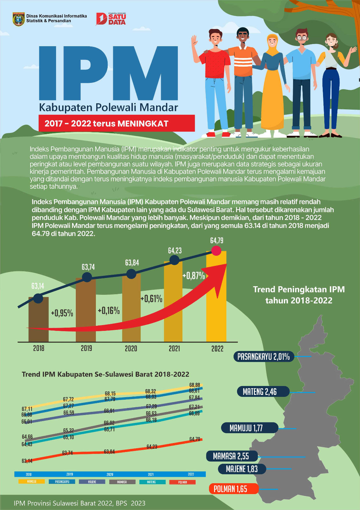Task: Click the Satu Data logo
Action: click(111, 19)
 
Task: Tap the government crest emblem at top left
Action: click(18, 19)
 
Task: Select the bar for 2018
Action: click(39, 319)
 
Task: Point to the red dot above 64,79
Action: click(216, 251)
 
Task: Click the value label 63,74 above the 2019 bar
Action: click(88, 267)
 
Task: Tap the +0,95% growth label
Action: click(62, 313)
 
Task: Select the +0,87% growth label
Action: click(193, 275)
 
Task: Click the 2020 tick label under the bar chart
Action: click(131, 348)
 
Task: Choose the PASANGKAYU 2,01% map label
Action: click(263, 356)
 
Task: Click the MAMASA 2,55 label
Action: click(231, 456)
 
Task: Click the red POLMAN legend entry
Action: click(183, 482)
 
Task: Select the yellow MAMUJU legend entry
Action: click(32, 481)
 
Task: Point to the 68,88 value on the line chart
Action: click(195, 385)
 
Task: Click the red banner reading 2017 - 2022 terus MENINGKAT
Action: click(117, 123)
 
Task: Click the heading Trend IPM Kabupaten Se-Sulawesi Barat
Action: click(105, 374)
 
